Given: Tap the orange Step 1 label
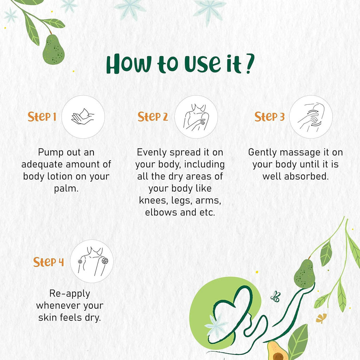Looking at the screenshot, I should click(42, 117).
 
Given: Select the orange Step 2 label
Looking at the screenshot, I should click(153, 117).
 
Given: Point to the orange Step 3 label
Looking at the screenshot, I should click(269, 117).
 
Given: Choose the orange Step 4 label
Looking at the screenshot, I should click(49, 262).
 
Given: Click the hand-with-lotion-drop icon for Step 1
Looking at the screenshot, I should click(83, 117).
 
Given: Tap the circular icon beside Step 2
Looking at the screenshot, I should click(196, 117).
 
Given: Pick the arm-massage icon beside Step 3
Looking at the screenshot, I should click(311, 117).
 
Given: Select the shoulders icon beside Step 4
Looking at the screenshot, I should click(92, 261).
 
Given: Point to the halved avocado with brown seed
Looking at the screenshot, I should click(277, 351).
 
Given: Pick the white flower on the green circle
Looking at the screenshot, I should click(215, 326).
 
